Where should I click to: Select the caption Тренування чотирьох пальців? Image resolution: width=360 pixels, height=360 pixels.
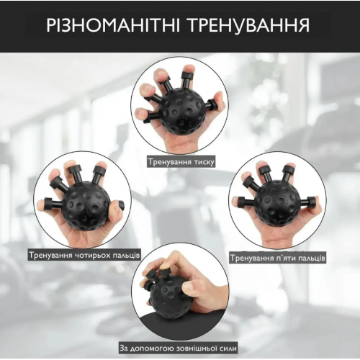[84, 255]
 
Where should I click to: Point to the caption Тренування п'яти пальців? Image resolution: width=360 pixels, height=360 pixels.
[277, 257]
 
